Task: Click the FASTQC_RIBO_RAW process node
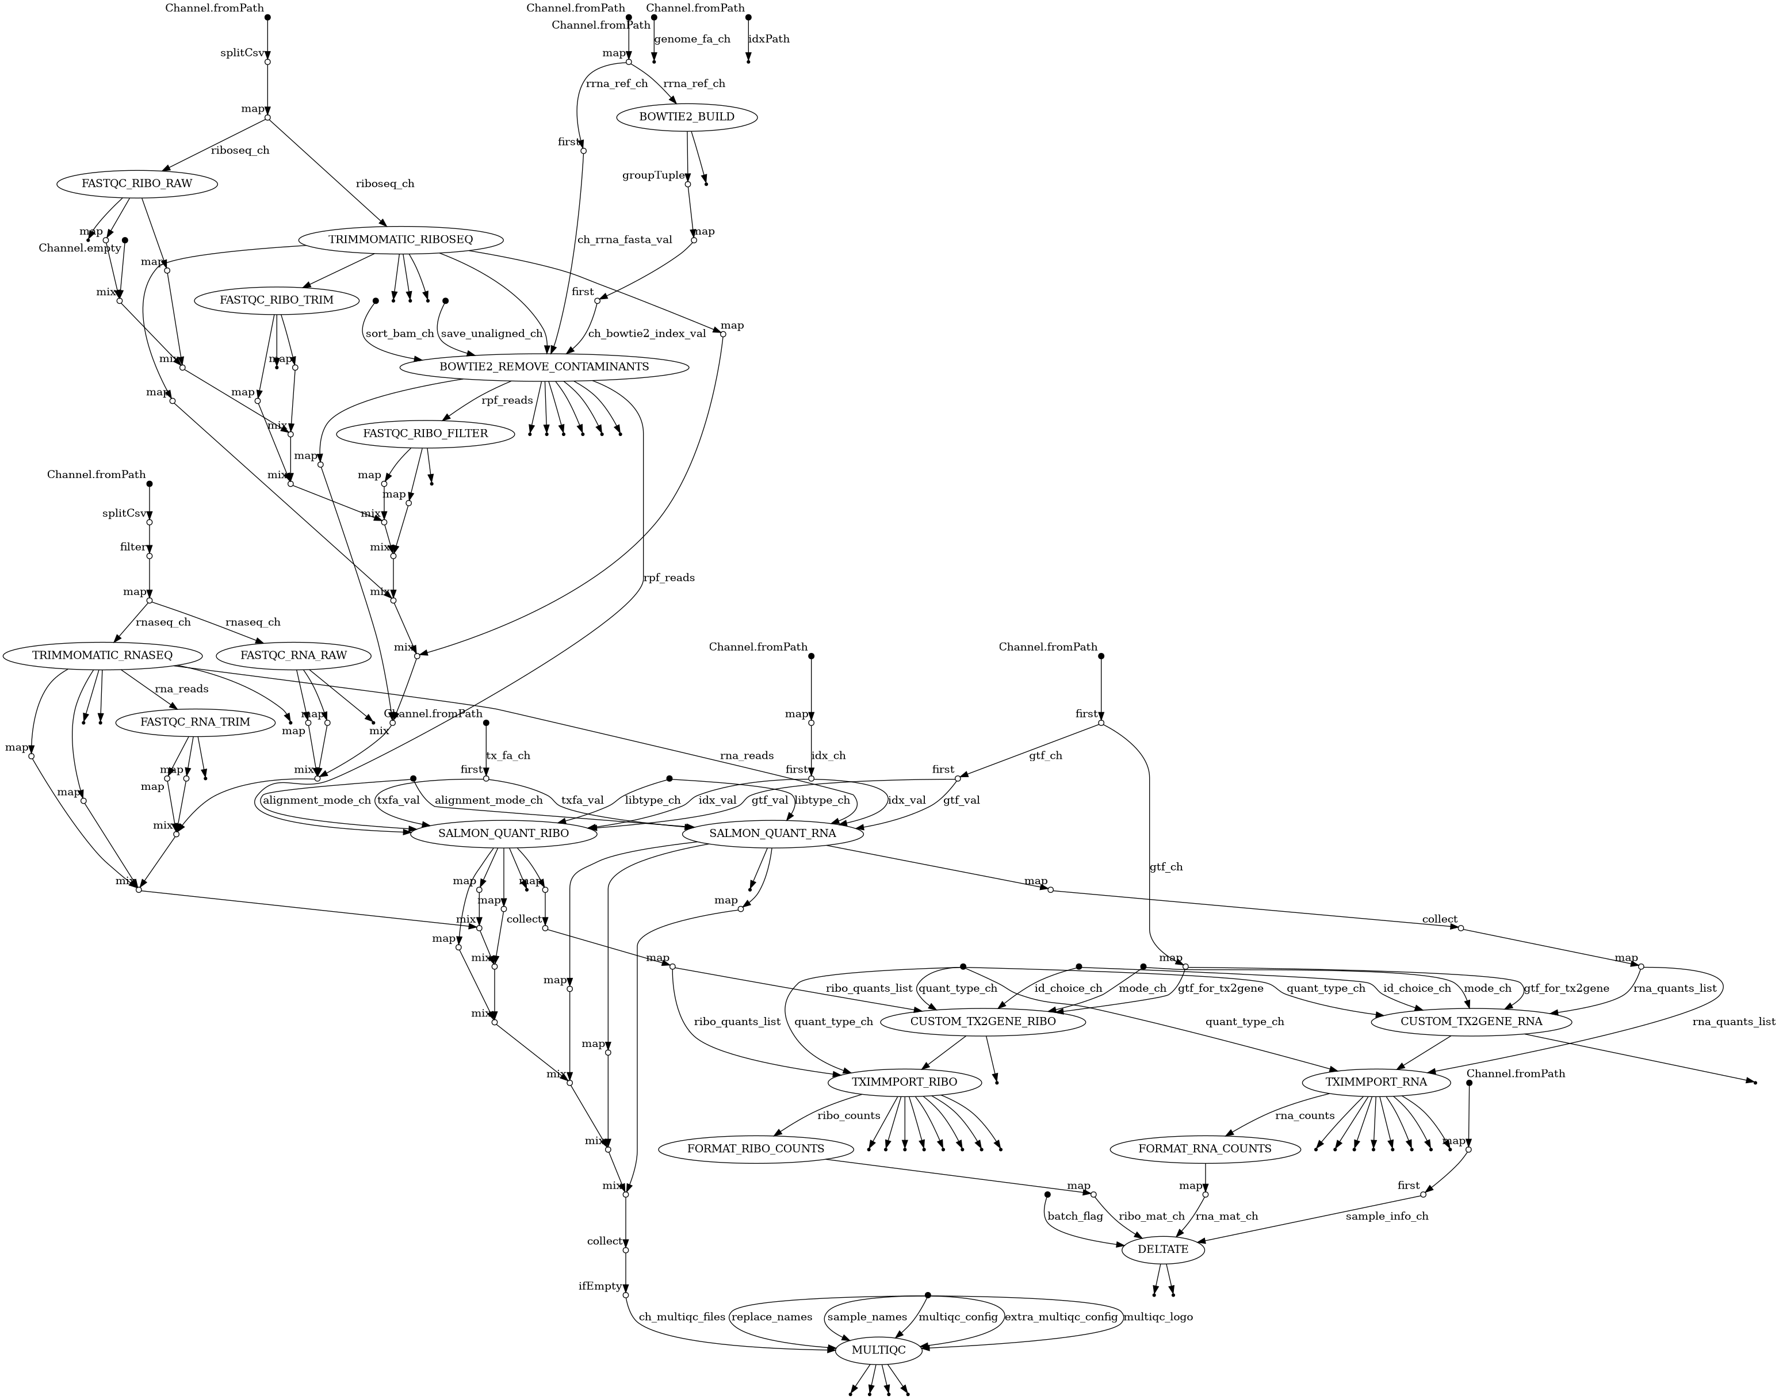[x=137, y=184]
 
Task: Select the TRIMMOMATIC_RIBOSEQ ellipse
[x=400, y=240]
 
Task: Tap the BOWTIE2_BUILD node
[x=686, y=117]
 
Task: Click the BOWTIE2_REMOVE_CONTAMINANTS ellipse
[x=544, y=367]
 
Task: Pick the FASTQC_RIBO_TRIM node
[x=276, y=300]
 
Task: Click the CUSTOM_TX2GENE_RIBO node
[x=983, y=1022]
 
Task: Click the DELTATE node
[x=1163, y=1249]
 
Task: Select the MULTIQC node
[x=878, y=1350]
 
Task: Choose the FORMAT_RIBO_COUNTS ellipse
[x=755, y=1148]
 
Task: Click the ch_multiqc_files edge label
[x=682, y=1317]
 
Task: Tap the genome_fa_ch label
[x=692, y=39]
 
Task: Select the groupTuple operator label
[x=653, y=175]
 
